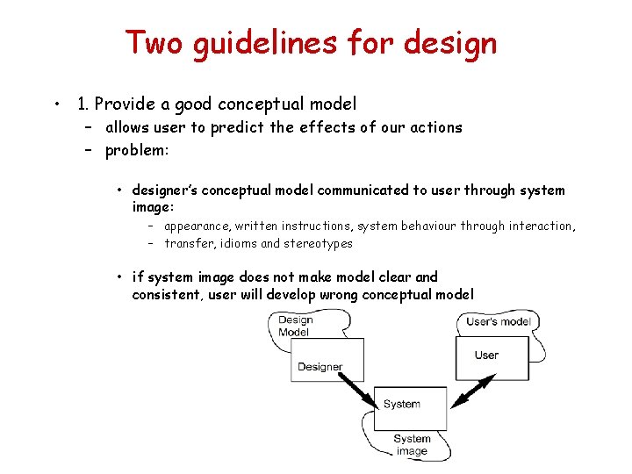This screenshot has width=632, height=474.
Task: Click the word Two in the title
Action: coord(155,42)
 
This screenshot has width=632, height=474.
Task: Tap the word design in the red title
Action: coord(454,42)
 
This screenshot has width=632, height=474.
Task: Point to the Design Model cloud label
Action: coord(295,326)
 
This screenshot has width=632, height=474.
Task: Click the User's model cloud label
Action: coord(498,321)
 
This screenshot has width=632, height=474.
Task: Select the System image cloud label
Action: coord(412,445)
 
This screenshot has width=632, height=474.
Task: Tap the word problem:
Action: coord(136,150)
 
